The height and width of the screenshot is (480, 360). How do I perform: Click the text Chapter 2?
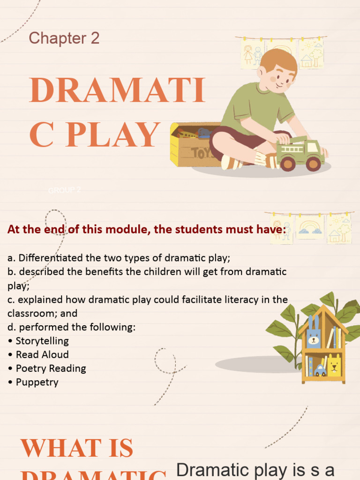click(64, 38)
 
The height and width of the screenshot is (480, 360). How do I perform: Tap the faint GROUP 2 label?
click(65, 190)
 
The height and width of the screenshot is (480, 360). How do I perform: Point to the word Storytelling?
click(42, 341)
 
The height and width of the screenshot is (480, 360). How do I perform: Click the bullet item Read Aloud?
click(42, 354)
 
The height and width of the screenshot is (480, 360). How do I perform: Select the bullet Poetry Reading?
click(51, 368)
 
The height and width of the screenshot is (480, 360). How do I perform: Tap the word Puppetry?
click(37, 382)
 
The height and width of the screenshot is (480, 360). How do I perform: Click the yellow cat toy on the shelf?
click(334, 365)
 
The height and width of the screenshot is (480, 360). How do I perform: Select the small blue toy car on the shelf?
click(321, 370)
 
